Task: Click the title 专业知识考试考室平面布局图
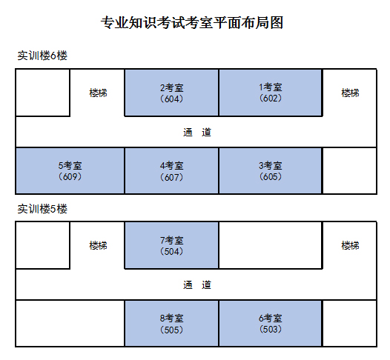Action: click(x=192, y=23)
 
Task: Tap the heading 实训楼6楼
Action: click(x=42, y=56)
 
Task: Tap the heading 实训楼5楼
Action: click(x=42, y=209)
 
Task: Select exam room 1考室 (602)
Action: click(x=271, y=93)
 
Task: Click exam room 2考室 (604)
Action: click(x=171, y=93)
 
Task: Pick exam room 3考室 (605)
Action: click(x=271, y=170)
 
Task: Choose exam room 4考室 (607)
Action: click(x=171, y=170)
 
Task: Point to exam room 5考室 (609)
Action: click(x=70, y=170)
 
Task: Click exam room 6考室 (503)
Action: click(x=271, y=323)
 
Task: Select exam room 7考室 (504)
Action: click(x=171, y=245)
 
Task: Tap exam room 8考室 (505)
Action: click(x=171, y=323)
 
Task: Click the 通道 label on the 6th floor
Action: click(x=197, y=132)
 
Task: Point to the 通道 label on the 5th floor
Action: click(x=197, y=284)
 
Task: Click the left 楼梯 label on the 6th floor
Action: click(x=99, y=93)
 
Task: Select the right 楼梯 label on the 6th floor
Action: click(x=350, y=93)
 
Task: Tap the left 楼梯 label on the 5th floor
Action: click(x=99, y=245)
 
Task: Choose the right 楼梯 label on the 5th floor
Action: click(x=350, y=245)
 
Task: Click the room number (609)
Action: click(x=70, y=176)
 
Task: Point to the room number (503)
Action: click(x=271, y=329)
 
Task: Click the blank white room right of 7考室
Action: click(x=271, y=245)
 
